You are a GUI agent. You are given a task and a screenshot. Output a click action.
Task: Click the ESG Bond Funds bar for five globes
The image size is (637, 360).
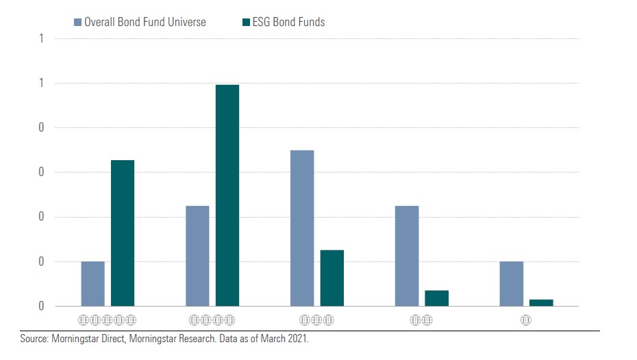(x=123, y=233)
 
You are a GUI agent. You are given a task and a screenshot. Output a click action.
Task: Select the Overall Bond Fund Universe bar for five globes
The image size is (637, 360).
(x=93, y=283)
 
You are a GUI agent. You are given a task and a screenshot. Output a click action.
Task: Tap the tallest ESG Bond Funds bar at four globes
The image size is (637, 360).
(x=227, y=195)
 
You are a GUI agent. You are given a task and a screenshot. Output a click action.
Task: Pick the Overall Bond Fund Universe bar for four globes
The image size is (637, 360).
(x=197, y=255)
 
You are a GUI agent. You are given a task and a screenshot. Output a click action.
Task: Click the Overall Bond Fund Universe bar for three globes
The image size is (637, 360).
(x=302, y=228)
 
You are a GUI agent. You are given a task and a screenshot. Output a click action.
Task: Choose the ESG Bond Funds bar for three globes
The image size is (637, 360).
(x=332, y=278)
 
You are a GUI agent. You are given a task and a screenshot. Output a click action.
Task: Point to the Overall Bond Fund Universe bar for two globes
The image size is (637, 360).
(x=407, y=255)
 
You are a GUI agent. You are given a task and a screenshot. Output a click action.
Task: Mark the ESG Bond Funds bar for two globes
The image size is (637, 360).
(x=437, y=298)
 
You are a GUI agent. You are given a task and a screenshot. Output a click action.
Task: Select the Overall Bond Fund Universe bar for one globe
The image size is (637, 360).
(x=512, y=283)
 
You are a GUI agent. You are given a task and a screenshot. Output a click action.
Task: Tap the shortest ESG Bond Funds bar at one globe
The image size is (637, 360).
(x=541, y=303)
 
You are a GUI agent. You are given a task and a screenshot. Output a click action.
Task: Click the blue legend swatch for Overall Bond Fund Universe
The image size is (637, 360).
(x=77, y=23)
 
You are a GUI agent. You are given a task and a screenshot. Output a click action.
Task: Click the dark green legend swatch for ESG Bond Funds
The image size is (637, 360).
(x=247, y=23)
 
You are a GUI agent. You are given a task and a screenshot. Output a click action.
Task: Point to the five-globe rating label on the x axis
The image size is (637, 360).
(x=108, y=320)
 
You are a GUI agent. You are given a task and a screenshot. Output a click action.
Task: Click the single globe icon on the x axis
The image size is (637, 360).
(x=526, y=320)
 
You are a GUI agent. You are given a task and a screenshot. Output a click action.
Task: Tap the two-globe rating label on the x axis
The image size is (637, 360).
(x=421, y=320)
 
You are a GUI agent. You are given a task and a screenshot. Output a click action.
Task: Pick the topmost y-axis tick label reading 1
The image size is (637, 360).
(x=41, y=39)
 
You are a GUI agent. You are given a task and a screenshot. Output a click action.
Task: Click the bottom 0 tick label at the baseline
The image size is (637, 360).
(x=41, y=307)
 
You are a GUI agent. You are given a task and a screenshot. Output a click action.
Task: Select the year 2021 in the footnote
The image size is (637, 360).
(x=298, y=339)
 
